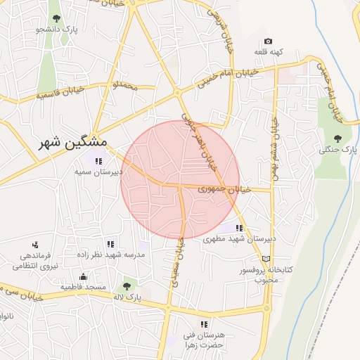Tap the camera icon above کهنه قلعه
[268, 41]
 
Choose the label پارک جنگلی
[338, 150]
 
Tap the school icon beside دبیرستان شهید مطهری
[240, 228]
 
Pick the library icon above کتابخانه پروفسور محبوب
[265, 259]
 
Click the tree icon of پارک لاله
[127, 286]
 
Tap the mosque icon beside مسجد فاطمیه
[84, 276]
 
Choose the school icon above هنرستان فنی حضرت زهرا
[204, 324]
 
